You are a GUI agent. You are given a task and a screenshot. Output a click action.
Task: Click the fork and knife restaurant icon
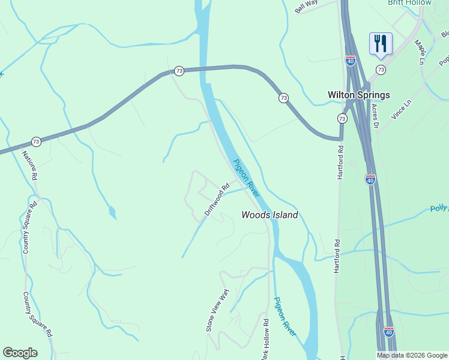tap(381, 44)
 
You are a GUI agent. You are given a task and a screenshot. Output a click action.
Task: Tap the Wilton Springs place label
tap(358, 95)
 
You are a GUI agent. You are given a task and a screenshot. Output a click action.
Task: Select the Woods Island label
tap(270, 215)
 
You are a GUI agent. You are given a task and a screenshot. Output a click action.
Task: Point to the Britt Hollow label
tap(409, 3)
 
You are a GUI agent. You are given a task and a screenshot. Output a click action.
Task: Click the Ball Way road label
tap(306, 6)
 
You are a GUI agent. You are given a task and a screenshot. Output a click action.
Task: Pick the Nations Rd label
tap(30, 165)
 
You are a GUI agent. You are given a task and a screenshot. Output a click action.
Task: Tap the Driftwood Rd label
tap(217, 199)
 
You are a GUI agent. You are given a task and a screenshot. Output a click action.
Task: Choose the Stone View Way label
tap(218, 310)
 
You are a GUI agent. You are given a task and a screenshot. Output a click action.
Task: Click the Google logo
tap(20, 353)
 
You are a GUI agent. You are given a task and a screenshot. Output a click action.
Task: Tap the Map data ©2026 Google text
tap(411, 355)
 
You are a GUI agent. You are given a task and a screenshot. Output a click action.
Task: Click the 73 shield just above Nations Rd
tap(36, 142)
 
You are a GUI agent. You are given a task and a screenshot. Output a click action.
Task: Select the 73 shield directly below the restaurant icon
tap(381, 70)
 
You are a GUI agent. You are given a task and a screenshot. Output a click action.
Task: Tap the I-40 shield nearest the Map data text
tap(388, 331)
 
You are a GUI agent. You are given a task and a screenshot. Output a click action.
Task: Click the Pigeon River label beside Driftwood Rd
tap(246, 178)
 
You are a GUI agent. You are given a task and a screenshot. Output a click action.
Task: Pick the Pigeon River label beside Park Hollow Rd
tap(285, 316)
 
